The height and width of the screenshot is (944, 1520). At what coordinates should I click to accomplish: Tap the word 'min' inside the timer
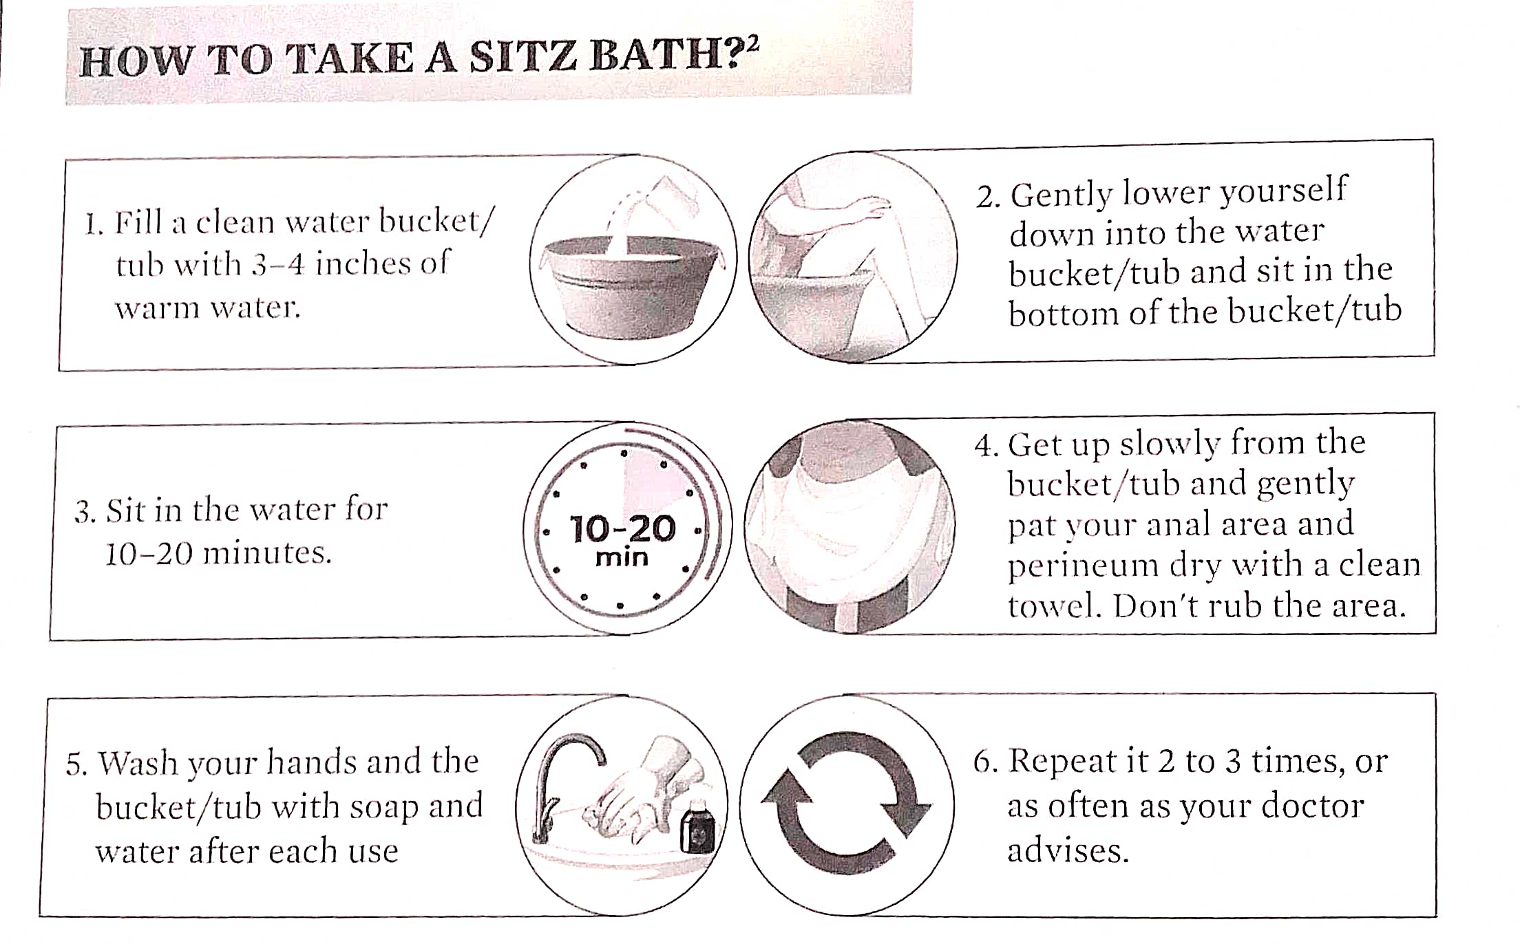click(622, 557)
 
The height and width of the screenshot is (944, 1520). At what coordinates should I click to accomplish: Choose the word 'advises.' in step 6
click(1068, 851)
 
